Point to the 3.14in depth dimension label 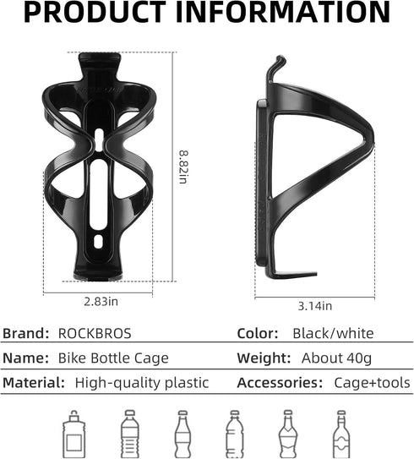(314, 305)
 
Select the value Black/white (332, 334)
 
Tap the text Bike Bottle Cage (114, 358)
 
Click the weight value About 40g (329, 358)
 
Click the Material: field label (35, 382)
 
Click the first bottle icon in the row (74, 433)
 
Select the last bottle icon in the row (341, 433)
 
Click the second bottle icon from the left (129, 433)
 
